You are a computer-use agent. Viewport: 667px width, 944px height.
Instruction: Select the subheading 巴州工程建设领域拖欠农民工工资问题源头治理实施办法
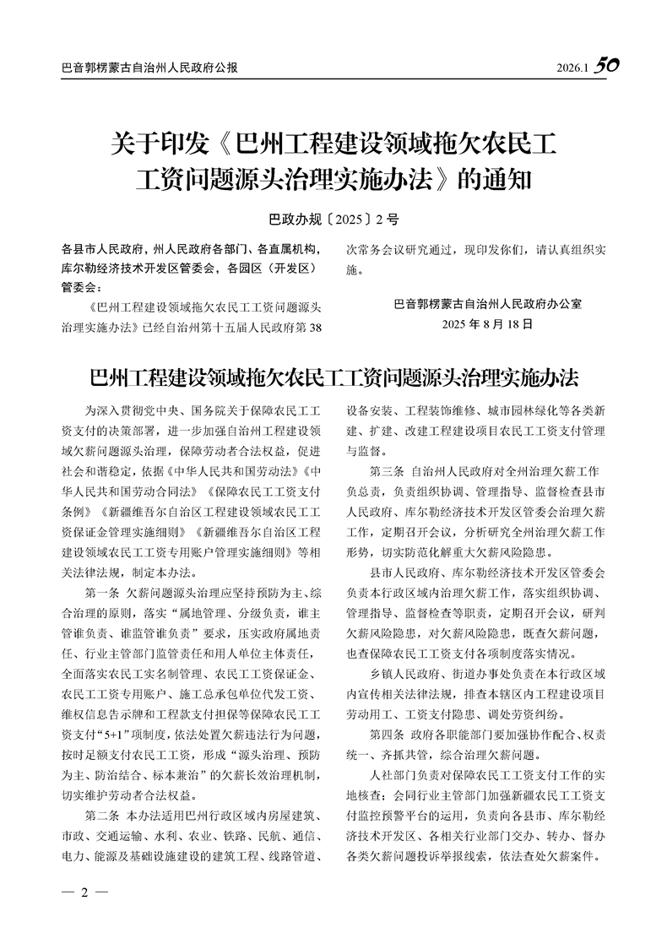coord(333,376)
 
